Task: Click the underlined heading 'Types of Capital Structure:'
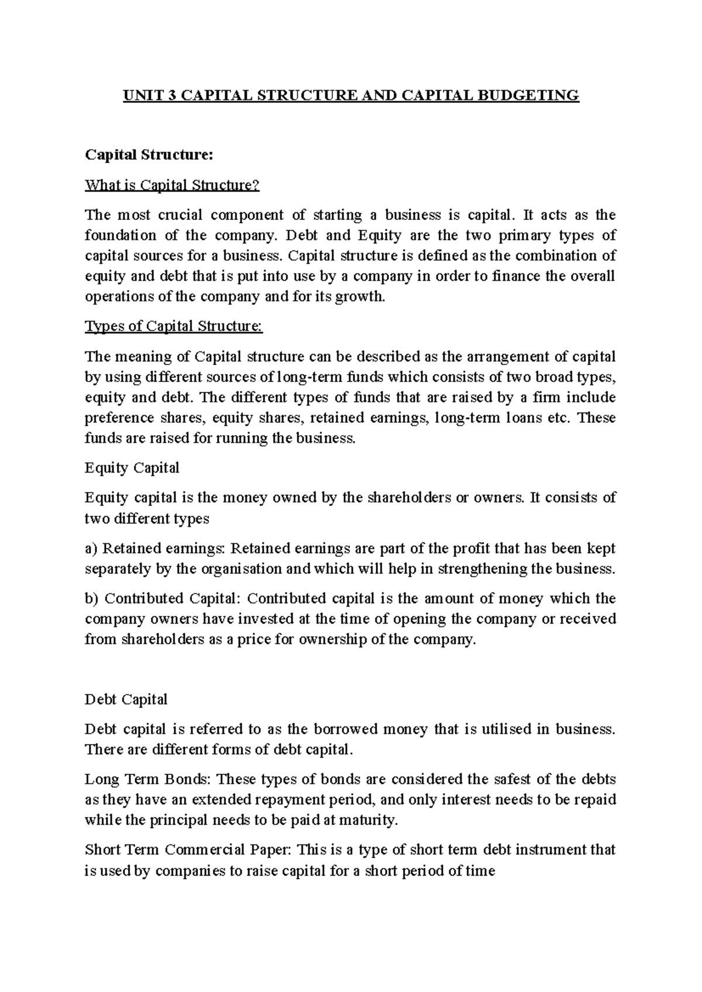pyautogui.click(x=174, y=326)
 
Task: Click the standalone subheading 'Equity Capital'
pyautogui.click(x=132, y=468)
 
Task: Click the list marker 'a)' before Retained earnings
pyautogui.click(x=90, y=549)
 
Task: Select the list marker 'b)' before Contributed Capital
pyautogui.click(x=91, y=599)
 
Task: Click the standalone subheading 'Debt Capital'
pyautogui.click(x=126, y=700)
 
